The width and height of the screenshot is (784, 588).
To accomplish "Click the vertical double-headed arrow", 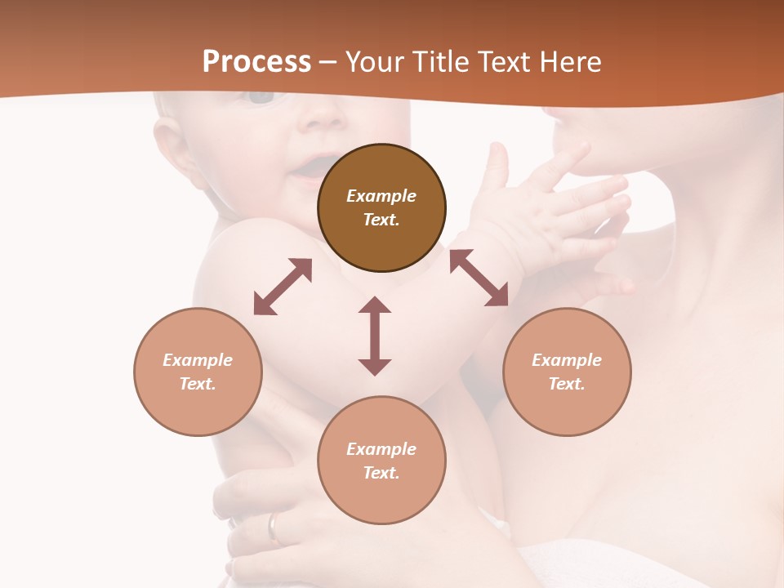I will coord(375,336).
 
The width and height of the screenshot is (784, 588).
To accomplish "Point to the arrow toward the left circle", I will coord(283,287).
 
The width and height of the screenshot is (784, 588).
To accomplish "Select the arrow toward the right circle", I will coord(479,278).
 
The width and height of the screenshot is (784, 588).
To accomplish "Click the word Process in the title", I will coord(256,62).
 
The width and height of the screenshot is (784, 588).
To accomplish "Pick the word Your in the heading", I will coord(376,62).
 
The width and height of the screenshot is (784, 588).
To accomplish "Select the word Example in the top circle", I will coord(381,196).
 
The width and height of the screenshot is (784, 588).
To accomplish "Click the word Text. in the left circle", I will coord(198,384).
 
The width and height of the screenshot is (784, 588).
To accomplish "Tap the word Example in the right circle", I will coord(567,360).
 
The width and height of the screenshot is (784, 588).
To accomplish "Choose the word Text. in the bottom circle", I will coord(381,473).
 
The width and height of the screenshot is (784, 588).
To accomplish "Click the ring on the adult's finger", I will coord(274,528).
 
